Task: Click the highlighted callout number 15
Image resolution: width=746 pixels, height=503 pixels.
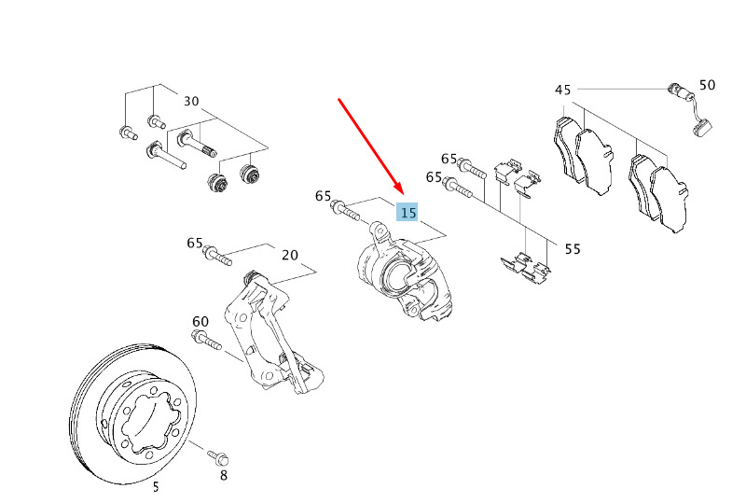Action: (408, 213)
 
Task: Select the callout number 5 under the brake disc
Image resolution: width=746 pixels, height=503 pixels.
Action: (156, 487)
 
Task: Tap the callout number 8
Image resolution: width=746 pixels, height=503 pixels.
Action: (223, 475)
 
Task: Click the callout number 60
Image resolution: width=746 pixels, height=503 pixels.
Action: (200, 322)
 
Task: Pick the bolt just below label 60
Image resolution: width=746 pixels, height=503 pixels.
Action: (206, 340)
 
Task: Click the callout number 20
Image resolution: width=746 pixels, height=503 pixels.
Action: (290, 256)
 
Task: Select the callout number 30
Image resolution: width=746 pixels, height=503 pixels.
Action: (191, 101)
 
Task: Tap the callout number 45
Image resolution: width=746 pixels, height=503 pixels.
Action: (562, 90)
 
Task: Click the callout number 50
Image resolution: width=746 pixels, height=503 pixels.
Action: (707, 85)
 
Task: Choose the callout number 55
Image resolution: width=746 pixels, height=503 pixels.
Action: (573, 249)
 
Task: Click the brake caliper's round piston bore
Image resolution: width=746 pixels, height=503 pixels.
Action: (397, 276)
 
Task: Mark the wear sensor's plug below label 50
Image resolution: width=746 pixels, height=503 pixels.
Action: (702, 127)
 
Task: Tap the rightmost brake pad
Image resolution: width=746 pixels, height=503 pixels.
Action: (669, 199)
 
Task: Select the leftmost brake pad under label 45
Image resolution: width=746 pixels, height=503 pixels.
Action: (568, 148)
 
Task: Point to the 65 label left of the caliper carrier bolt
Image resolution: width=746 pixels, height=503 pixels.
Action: (195, 243)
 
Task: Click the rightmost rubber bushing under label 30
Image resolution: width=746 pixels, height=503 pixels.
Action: (250, 175)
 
